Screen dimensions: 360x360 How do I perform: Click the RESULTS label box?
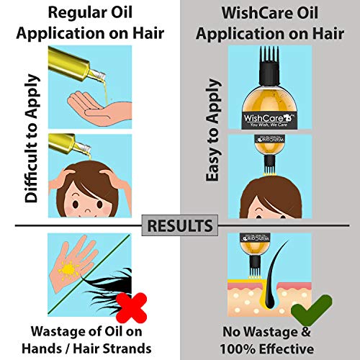click(180, 225)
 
